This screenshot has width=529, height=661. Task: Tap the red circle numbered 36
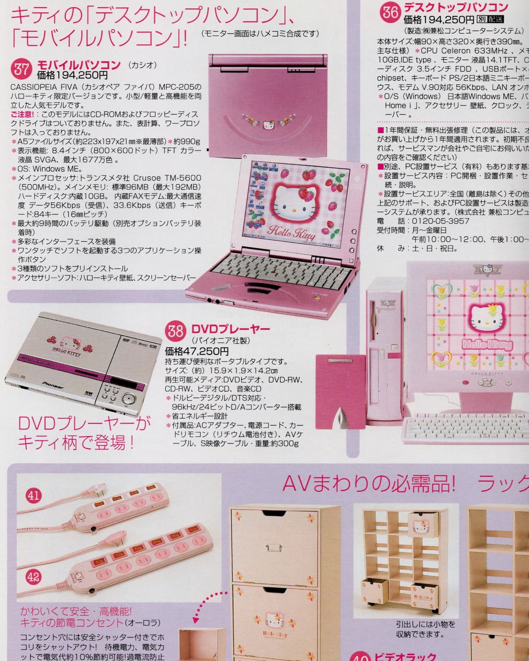pos(390,12)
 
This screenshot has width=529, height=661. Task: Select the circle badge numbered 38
pos(176,330)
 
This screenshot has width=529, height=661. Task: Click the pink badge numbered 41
pos(34,495)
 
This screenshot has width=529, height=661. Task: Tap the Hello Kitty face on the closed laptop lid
pos(268,126)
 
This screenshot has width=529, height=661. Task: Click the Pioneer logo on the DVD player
pos(54,384)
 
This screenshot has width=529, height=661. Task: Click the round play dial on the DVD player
pos(128,399)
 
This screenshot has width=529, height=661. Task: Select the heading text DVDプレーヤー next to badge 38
pos(230,329)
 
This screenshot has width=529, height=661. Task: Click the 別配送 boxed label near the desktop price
pos(490,19)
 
